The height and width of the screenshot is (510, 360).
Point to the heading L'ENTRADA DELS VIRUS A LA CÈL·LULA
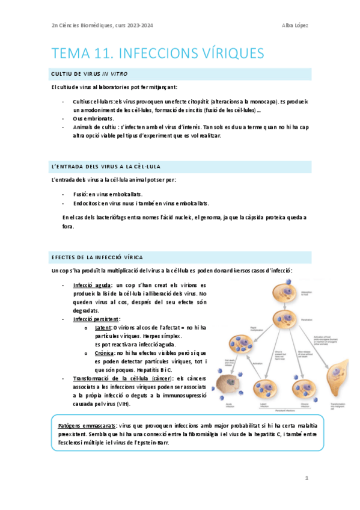[x=106, y=166]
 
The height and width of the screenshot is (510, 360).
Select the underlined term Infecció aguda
[x=91, y=284]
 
